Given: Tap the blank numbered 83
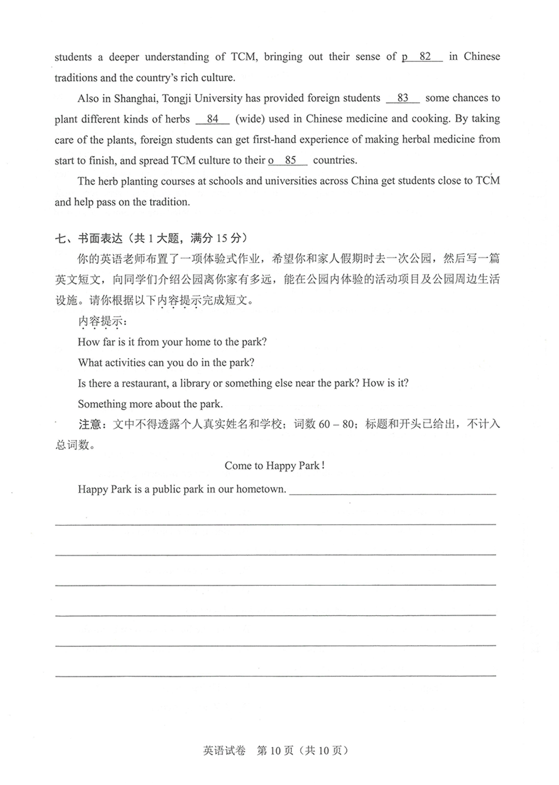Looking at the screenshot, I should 403,98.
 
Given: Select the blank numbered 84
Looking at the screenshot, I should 213,119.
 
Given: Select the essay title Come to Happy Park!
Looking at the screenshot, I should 275,466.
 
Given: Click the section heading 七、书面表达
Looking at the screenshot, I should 89,239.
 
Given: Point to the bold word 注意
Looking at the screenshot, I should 90,425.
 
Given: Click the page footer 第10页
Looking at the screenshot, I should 275,751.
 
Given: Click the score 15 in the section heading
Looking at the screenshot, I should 222,239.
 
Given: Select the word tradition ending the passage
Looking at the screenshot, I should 168,202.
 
